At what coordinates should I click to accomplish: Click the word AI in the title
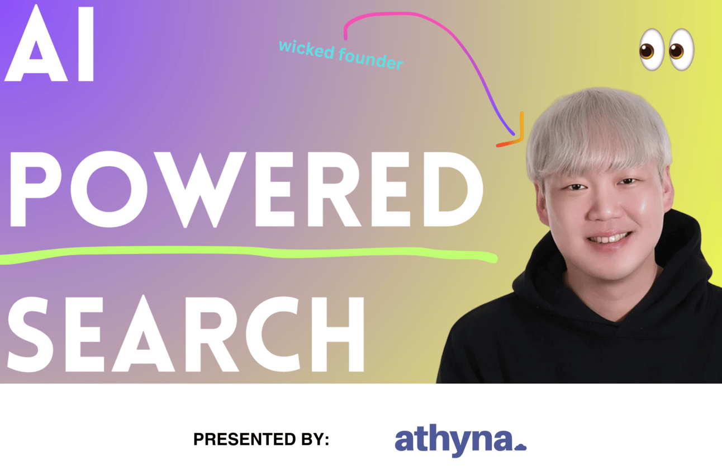point(49,43)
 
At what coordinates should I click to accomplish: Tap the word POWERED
point(246,189)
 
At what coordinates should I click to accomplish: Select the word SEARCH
point(186,334)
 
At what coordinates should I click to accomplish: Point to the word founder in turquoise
point(371,59)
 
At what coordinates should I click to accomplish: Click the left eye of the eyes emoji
point(652,49)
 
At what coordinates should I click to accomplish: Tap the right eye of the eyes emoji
point(681,49)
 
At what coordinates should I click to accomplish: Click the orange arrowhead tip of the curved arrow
point(521,141)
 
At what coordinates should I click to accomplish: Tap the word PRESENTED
point(245,439)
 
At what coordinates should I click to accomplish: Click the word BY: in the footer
point(315,439)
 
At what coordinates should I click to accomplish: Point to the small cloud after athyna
point(520,446)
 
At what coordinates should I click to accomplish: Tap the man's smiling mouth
point(609,238)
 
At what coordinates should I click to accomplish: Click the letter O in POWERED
point(110,189)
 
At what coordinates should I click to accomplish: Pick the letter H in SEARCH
point(338,334)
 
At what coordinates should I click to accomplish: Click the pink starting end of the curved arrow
point(345,38)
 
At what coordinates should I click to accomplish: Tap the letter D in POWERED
point(453,189)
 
